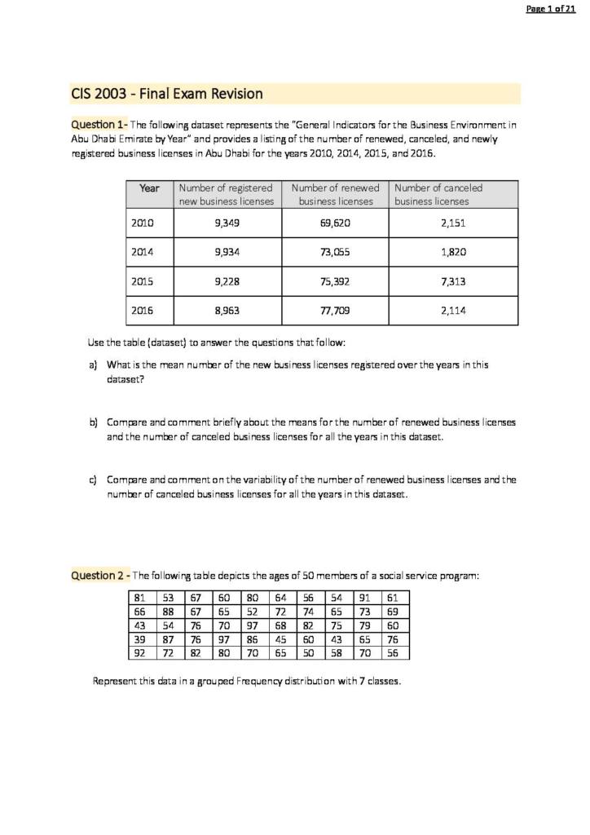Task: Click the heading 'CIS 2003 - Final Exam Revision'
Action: point(160,94)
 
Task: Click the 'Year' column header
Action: point(150,188)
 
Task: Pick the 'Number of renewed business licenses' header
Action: point(335,194)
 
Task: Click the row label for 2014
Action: point(143,252)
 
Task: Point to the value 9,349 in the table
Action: point(227,222)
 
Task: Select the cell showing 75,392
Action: point(335,281)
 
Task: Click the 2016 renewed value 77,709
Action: point(335,311)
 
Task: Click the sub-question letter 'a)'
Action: point(94,366)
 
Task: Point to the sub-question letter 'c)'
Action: point(94,480)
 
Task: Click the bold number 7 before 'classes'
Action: point(361,682)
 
